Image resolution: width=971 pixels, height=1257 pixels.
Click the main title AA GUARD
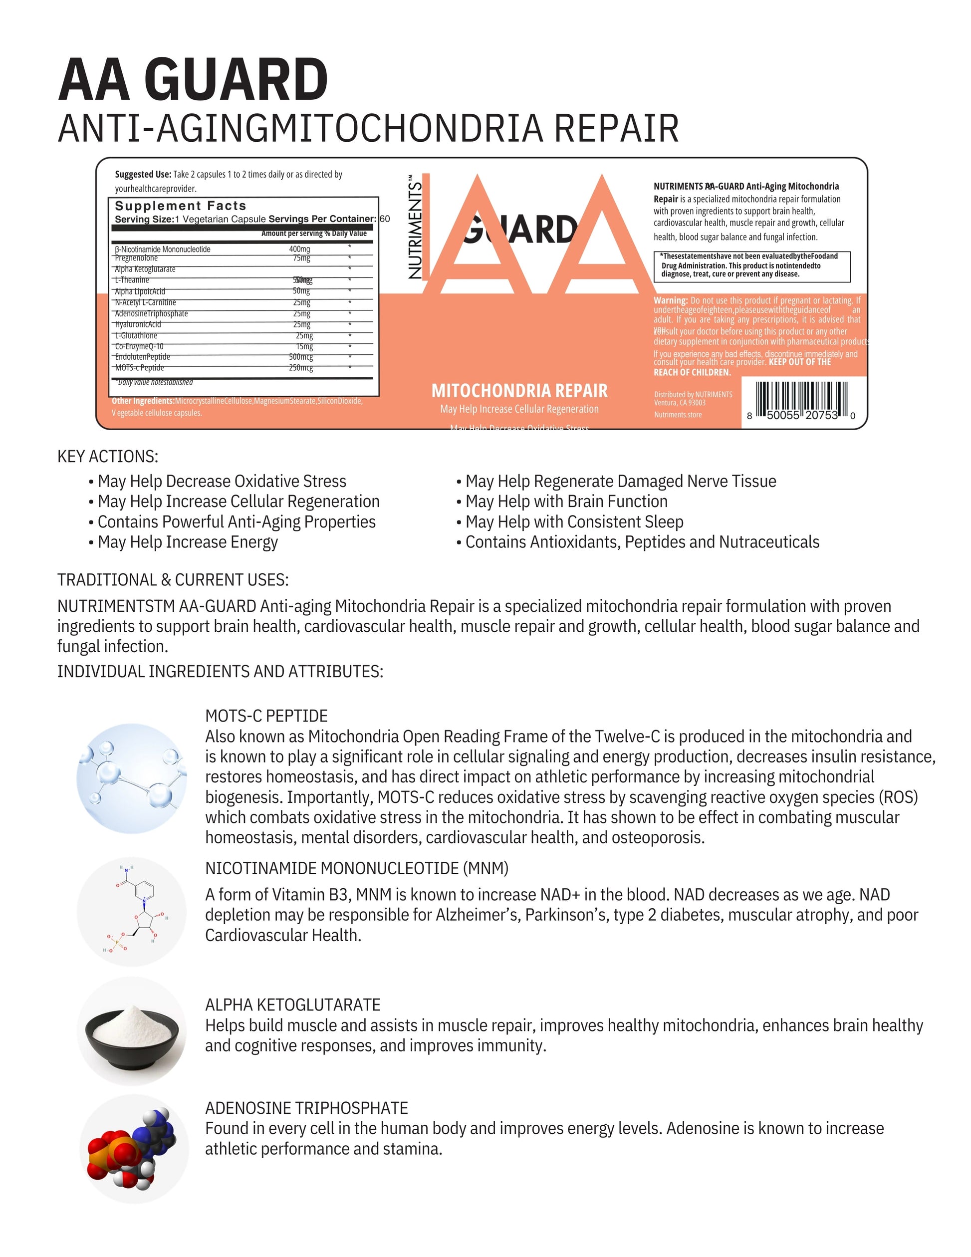tap(194, 80)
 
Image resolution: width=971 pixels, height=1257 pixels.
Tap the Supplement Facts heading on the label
tap(180, 206)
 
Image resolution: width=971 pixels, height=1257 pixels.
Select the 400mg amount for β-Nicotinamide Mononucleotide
tap(299, 249)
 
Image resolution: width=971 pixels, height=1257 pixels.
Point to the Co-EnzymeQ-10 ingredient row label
tap(139, 346)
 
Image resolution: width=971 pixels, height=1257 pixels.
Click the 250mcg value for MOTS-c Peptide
tap(301, 368)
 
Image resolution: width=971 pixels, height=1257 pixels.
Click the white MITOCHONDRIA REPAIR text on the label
tap(519, 391)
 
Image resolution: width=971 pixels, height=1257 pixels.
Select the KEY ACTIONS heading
tap(108, 457)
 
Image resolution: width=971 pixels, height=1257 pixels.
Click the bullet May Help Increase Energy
tap(188, 542)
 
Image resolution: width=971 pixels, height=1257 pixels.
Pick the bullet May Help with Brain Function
tap(566, 502)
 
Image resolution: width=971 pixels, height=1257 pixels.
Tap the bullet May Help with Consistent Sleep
tap(574, 522)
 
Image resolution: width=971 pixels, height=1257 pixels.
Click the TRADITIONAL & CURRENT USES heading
tap(173, 579)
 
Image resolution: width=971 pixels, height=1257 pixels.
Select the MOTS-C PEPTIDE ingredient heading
tap(266, 716)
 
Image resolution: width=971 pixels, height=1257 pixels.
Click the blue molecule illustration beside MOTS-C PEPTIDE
tap(132, 778)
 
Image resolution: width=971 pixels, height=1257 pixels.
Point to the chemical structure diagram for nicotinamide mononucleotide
tap(132, 912)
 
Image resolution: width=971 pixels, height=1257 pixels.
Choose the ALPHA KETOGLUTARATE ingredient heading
tap(293, 1005)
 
